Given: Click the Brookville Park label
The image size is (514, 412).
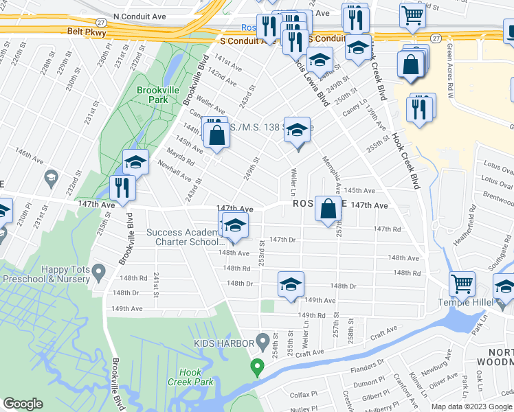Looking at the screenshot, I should pyautogui.click(x=153, y=95).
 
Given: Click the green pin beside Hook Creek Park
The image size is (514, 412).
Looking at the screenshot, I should pyautogui.click(x=258, y=367).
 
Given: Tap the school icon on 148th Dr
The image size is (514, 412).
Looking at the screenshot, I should pyautogui.click(x=291, y=284).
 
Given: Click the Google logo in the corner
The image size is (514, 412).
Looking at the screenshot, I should pyautogui.click(x=23, y=404).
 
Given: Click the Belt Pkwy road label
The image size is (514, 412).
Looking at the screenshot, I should pyautogui.click(x=84, y=31).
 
